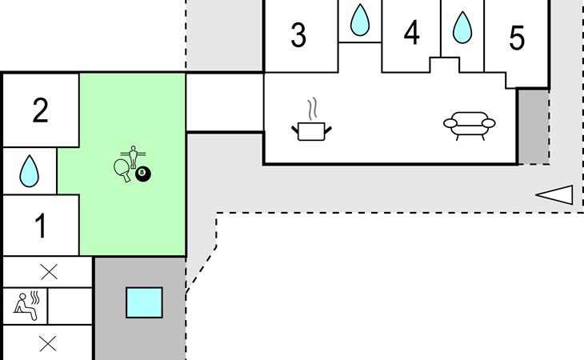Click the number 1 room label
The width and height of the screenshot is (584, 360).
pyautogui.click(x=40, y=226)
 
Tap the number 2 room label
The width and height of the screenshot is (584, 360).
pyautogui.click(x=40, y=110)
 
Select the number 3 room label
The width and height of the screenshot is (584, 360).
pyautogui.click(x=298, y=35)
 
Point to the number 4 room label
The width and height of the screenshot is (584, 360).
pyautogui.click(x=411, y=34)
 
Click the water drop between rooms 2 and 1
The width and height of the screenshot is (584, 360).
pyautogui.click(x=30, y=169)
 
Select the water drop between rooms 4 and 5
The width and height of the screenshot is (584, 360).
pyautogui.click(x=462, y=27)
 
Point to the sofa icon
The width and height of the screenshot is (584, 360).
pyautogui.click(x=470, y=125)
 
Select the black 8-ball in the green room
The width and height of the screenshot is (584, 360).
pyautogui.click(x=143, y=173)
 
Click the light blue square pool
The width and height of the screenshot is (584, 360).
pyautogui.click(x=144, y=302)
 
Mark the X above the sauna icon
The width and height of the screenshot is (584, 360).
pyautogui.click(x=49, y=272)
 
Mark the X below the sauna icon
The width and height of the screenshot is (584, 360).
pyautogui.click(x=48, y=344)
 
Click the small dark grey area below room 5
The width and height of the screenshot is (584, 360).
pyautogui.click(x=533, y=126)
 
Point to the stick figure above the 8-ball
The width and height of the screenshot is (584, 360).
pyautogui.click(x=132, y=154)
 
